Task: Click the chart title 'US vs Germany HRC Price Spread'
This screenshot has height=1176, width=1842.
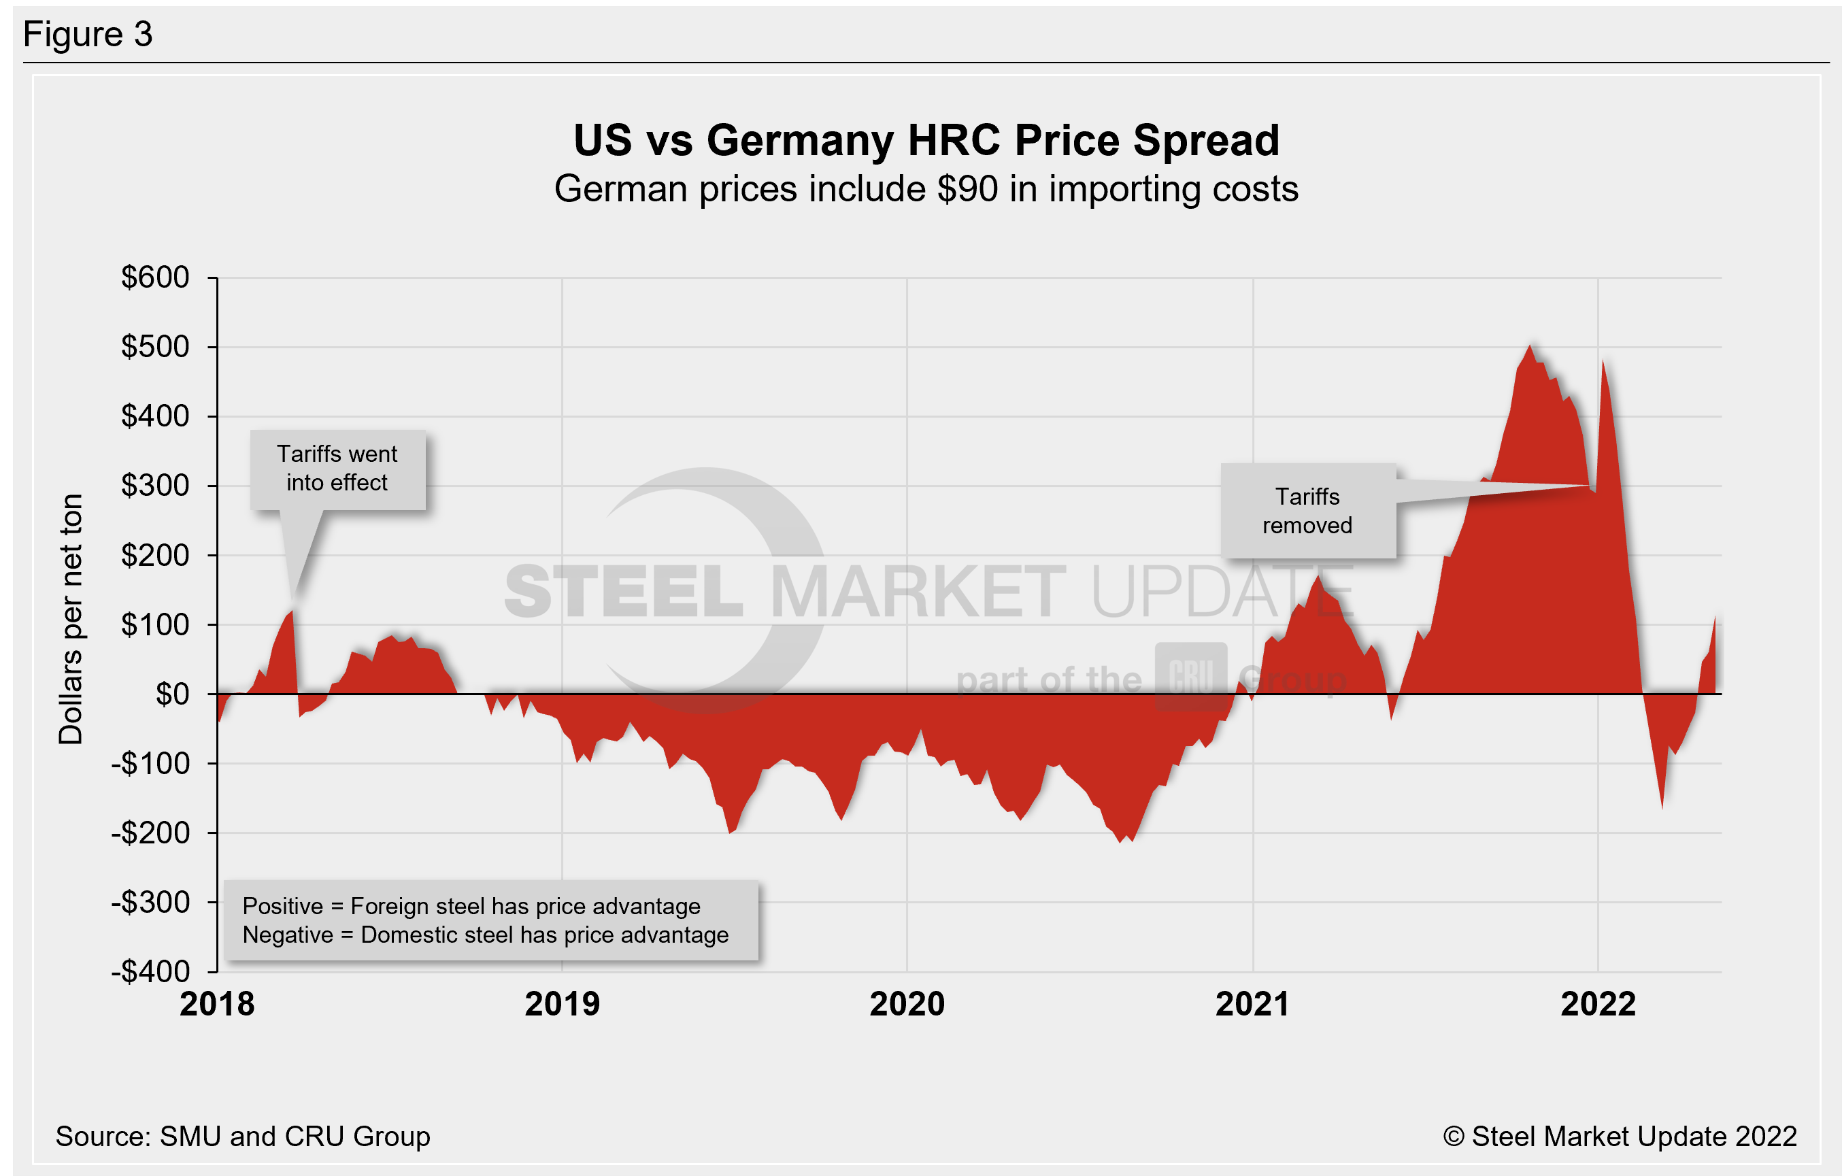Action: click(926, 141)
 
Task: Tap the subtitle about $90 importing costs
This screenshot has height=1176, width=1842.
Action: click(926, 189)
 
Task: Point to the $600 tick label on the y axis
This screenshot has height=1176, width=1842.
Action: click(155, 277)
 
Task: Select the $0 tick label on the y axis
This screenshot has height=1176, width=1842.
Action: click(172, 694)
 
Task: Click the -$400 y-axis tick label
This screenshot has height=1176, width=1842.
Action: click(151, 972)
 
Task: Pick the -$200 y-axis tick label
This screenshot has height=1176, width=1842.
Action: click(151, 833)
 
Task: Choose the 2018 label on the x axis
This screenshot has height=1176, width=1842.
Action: click(217, 1004)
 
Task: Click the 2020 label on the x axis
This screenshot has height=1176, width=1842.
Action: click(907, 1004)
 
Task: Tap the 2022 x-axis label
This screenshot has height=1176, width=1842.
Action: click(1598, 1004)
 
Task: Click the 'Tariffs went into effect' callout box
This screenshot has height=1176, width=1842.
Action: click(337, 469)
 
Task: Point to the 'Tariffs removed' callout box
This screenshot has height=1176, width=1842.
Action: click(1307, 510)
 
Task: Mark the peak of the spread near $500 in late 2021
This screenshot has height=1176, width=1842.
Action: click(1530, 347)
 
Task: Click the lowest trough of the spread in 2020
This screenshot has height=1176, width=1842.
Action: click(1121, 841)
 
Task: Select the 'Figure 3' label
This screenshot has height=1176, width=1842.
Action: click(88, 35)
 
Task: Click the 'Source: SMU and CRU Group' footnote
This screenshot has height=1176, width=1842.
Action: click(242, 1137)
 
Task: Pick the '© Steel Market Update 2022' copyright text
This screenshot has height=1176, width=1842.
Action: click(1620, 1137)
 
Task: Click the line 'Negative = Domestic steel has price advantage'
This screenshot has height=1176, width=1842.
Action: click(485, 935)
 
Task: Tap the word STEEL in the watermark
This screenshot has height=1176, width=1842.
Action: click(624, 592)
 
